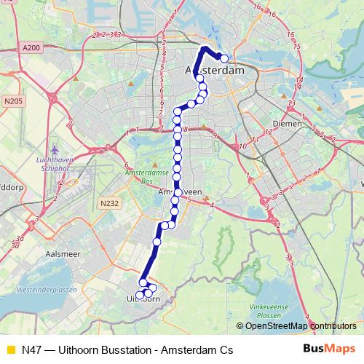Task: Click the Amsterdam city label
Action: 215,71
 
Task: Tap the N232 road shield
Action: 108,204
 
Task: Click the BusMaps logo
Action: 329,349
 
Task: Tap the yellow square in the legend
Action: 10,350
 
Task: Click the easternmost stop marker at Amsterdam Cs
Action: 224,58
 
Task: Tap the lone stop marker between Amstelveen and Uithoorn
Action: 157,241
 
